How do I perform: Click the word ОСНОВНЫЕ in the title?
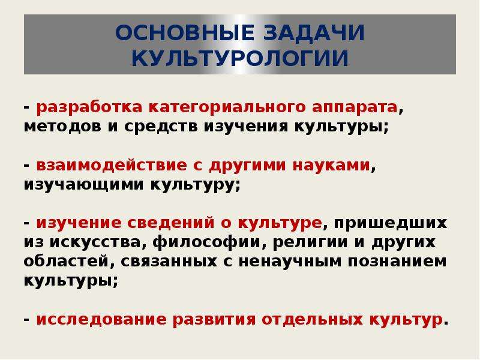[185, 32]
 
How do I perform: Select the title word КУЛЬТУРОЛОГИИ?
[240, 58]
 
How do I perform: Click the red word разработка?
[89, 108]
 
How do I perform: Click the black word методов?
[62, 127]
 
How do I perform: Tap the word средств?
[161, 127]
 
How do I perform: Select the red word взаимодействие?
[112, 166]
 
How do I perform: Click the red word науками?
[332, 166]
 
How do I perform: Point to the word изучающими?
[83, 185]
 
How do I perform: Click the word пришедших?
[391, 223]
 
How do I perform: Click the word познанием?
[397, 262]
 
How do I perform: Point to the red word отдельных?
[312, 320]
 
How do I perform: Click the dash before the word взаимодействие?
[26, 166]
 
